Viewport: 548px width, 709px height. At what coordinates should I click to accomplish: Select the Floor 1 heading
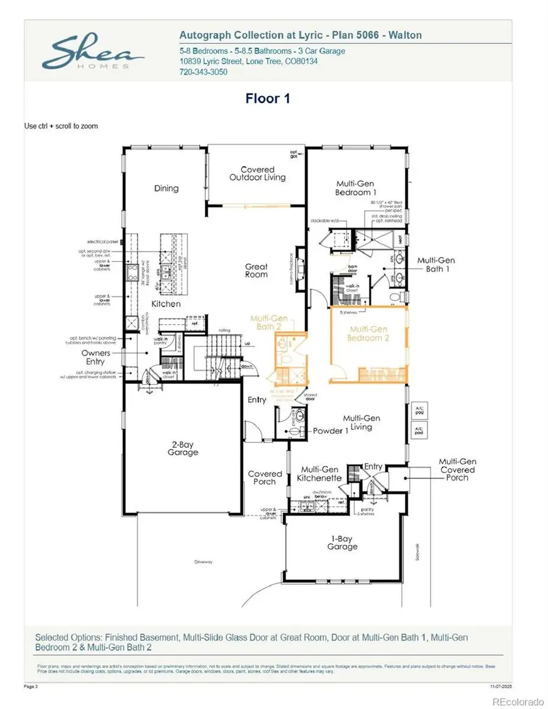[x=267, y=99]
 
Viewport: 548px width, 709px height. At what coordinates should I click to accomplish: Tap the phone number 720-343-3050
[x=203, y=71]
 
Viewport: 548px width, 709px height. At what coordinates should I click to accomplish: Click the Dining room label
[x=166, y=188]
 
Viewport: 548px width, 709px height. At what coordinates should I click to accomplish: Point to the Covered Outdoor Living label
[x=257, y=173]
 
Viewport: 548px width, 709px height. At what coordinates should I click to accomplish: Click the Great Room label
[x=256, y=270]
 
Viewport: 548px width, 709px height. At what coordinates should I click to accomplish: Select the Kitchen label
[x=166, y=303]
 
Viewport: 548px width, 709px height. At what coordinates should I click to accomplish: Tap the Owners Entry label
[x=95, y=357]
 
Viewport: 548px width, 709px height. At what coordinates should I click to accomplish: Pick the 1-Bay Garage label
[x=342, y=542]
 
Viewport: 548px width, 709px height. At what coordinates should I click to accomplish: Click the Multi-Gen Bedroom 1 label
[x=354, y=188]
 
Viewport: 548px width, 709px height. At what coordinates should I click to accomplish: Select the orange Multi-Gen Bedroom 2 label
[x=368, y=333]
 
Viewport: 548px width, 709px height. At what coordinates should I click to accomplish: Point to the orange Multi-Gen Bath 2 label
[x=269, y=323]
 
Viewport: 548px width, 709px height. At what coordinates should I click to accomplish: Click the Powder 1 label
[x=331, y=431]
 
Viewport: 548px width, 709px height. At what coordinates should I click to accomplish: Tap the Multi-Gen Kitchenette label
[x=320, y=473]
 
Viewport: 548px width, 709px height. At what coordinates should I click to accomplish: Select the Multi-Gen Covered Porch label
[x=457, y=469]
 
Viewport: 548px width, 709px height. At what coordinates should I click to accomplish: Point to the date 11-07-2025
[x=501, y=685]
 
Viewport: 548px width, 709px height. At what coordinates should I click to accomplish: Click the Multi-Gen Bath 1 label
[x=436, y=265]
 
